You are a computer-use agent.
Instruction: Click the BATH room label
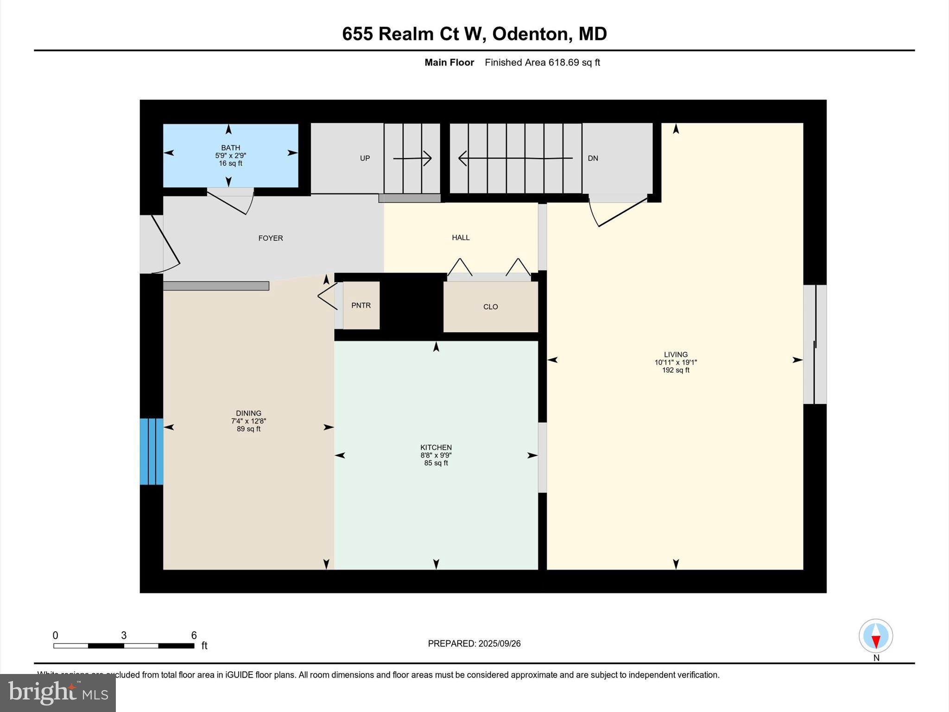230,148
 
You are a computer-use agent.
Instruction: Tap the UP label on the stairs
365,159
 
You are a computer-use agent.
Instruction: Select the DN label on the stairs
593,159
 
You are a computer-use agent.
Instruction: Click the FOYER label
270,238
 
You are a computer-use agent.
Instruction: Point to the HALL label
461,238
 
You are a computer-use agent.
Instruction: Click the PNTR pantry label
361,305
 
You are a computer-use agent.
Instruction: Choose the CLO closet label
490,307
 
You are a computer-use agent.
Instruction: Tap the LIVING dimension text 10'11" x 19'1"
675,362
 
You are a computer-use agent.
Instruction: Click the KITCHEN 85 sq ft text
436,463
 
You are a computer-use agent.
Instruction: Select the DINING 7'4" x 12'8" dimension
248,421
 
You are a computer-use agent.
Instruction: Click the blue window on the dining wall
152,451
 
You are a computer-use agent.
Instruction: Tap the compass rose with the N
875,636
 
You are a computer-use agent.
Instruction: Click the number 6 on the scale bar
194,636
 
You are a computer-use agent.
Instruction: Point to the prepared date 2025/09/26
499,643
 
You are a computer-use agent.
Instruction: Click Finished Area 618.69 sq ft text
542,63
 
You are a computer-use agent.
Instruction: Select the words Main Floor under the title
449,63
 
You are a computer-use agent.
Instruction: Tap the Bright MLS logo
58,693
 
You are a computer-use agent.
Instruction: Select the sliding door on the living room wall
815,344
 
